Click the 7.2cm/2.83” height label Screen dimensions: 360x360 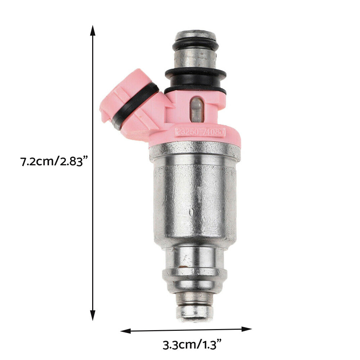pyautogui.click(x=54, y=161)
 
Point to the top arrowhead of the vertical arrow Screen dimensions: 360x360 pyautogui.click(x=93, y=30)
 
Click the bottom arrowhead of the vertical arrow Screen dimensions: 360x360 pyautogui.click(x=93, y=316)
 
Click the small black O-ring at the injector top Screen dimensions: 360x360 pyautogui.click(x=195, y=45)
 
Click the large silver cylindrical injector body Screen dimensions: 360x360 pyautogui.click(x=195, y=202)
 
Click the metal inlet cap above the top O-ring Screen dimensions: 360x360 pyautogui.click(x=195, y=35)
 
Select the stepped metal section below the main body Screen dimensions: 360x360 pyautogui.click(x=195, y=268)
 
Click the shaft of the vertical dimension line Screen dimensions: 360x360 pyautogui.click(x=93, y=216)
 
